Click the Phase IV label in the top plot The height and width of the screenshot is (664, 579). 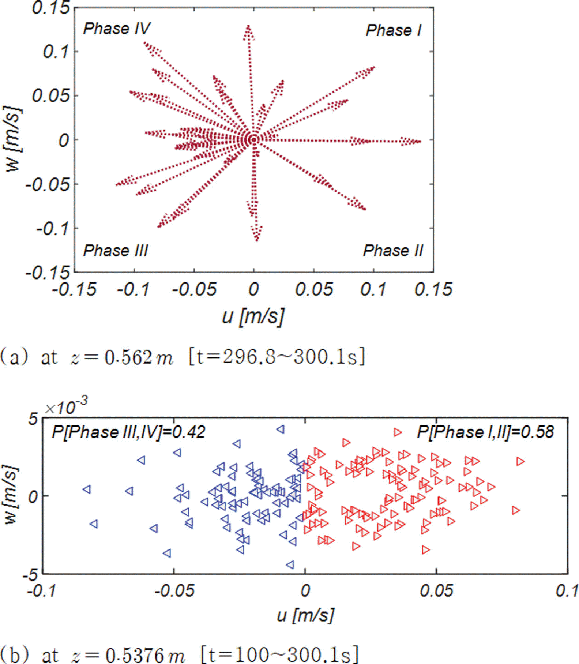tap(116, 29)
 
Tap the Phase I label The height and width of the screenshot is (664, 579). tap(394, 30)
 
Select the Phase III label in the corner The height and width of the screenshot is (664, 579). tap(116, 251)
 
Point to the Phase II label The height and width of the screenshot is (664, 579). tap(393, 251)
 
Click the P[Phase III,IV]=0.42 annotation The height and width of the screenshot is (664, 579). tap(128, 432)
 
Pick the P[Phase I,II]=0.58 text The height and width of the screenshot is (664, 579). tap(485, 432)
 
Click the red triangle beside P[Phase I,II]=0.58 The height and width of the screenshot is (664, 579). tap(398, 432)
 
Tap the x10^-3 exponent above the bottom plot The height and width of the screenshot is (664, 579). tap(66, 406)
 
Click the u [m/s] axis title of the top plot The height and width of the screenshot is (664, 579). tap(253, 316)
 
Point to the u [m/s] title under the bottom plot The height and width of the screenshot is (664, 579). tap(305, 615)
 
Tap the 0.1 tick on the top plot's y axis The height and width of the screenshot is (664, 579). tap(56, 52)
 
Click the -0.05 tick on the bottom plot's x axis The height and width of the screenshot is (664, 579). tap(174, 590)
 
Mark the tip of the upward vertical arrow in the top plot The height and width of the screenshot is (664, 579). tap(249, 26)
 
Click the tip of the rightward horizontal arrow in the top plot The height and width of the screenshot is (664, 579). tap(420, 141)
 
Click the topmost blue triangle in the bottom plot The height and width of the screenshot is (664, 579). tap(281, 429)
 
